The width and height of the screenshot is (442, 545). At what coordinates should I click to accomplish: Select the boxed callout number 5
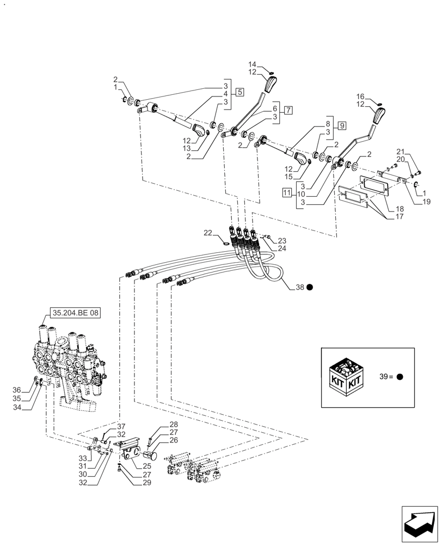pos(240,91)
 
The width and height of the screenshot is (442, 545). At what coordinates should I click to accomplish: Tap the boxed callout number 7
pos(288,110)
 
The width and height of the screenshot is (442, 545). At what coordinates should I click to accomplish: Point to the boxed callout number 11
pos(287,192)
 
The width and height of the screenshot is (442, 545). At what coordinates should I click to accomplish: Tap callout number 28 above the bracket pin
pos(173,425)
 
